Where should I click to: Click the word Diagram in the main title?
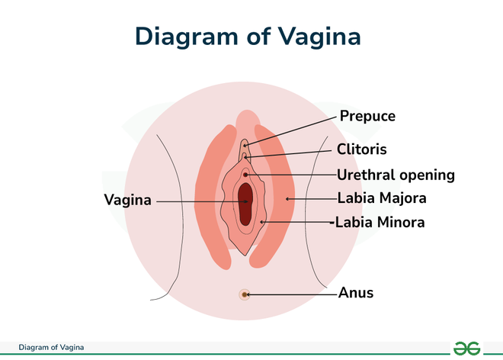[187, 37]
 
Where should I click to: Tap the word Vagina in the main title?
[319, 37]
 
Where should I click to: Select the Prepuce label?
[367, 117]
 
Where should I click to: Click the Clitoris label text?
[362, 149]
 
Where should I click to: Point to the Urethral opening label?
[396, 175]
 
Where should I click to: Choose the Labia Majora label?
[382, 198]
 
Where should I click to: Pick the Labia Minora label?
[380, 222]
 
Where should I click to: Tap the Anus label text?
[356, 293]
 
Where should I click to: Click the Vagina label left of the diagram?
[128, 200]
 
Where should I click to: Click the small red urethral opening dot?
[245, 175]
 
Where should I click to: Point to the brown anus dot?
[245, 294]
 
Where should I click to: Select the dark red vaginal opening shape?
[245, 204]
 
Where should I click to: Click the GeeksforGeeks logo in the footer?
[466, 349]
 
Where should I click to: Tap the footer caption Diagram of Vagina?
[51, 348]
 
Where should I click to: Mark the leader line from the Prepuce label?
[290, 131]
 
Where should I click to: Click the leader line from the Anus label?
[292, 294]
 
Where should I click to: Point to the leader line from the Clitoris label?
[288, 154]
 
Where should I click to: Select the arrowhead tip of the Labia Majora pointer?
[286, 199]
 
